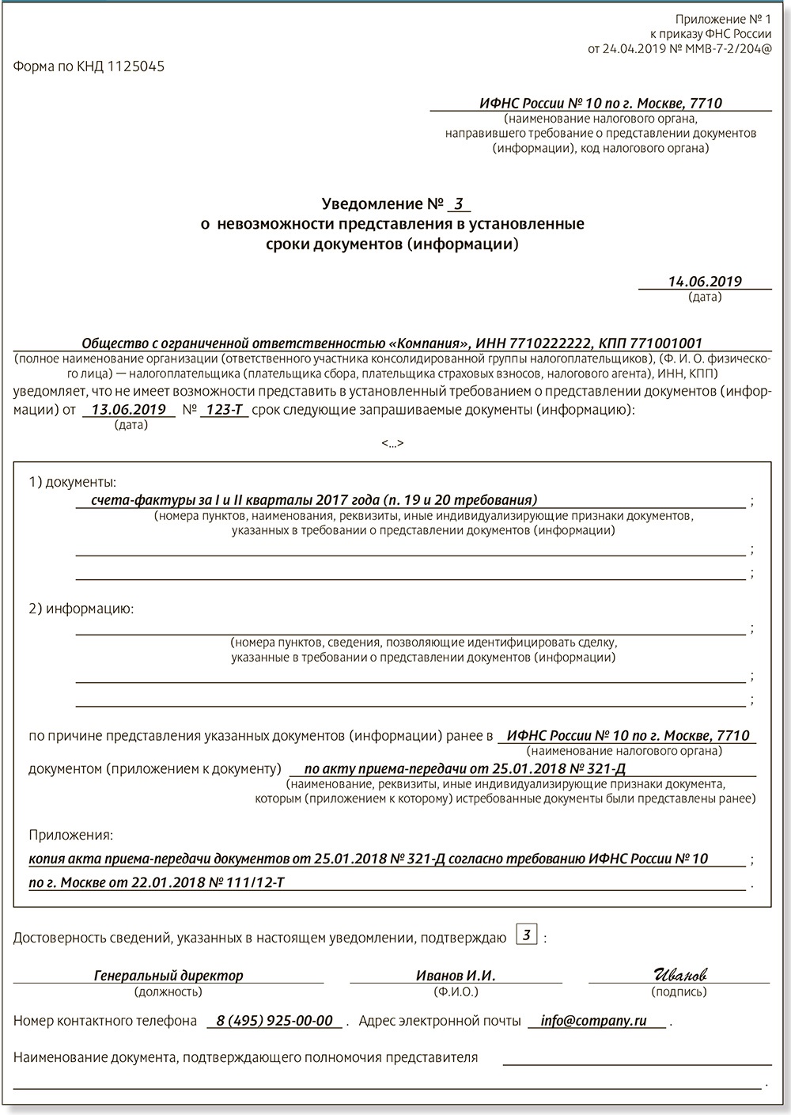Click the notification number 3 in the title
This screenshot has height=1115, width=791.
[458, 203]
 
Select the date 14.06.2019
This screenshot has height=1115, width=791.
[705, 281]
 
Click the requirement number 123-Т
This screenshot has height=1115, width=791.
[224, 409]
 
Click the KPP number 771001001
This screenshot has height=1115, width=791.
[663, 343]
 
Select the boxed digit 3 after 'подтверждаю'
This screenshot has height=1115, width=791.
[527, 935]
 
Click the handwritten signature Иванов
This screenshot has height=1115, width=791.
[679, 974]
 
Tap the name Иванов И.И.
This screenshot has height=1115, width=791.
[456, 976]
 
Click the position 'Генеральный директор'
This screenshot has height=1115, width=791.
[168, 976]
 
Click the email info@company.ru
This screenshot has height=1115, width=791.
[593, 1021]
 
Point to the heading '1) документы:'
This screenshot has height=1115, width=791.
[72, 482]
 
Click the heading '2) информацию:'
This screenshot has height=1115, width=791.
[81, 609]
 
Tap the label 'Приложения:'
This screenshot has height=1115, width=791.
[70, 835]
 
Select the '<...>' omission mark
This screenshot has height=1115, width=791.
[392, 443]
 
